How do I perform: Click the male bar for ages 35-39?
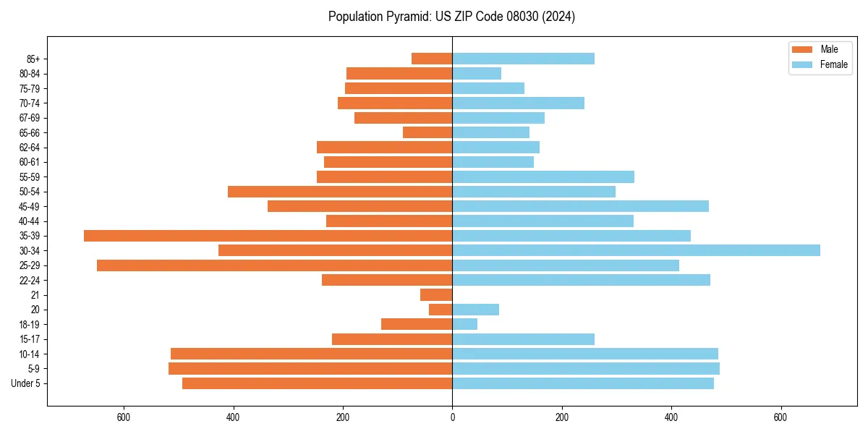(x=268, y=236)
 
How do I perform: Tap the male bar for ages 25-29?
(x=274, y=265)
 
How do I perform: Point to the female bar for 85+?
(x=523, y=59)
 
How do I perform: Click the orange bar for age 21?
(x=436, y=295)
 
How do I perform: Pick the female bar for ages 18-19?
(x=464, y=324)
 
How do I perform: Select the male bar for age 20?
(x=441, y=310)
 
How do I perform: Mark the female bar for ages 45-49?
(x=580, y=206)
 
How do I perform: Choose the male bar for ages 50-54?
(x=340, y=192)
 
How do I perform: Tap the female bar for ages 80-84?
(x=477, y=73)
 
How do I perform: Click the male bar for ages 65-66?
(x=427, y=132)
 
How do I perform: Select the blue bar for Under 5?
(x=583, y=383)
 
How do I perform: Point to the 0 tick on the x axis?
(x=452, y=417)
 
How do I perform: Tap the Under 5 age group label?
(x=26, y=383)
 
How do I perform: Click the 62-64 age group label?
(x=30, y=148)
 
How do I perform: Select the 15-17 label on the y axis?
(x=30, y=339)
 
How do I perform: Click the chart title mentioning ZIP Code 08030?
(x=451, y=17)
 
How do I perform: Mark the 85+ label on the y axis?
(x=33, y=59)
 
